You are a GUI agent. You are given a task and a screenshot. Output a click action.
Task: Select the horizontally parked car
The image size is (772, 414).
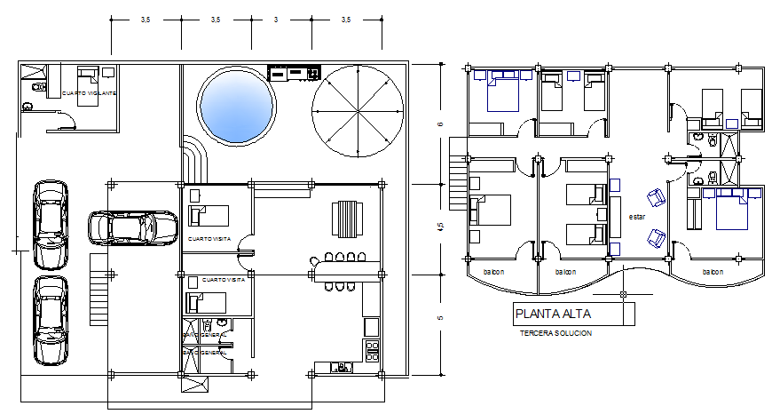[x=132, y=227]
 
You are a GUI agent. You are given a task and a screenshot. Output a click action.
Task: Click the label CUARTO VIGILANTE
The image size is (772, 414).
[x=89, y=93]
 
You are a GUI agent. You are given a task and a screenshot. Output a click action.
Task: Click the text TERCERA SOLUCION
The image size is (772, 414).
[x=555, y=333]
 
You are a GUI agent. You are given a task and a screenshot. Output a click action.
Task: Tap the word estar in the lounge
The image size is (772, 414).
[x=637, y=216]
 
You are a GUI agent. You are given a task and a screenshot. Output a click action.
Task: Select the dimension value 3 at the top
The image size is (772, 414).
[x=276, y=19]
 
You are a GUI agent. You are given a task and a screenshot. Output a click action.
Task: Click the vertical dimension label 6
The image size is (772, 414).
[x=441, y=123]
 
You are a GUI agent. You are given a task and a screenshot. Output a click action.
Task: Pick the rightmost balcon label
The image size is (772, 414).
[x=712, y=272]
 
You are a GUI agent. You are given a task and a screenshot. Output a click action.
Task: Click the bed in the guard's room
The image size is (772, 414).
[x=87, y=85]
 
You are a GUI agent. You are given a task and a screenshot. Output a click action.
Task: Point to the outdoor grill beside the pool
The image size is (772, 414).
[x=294, y=73]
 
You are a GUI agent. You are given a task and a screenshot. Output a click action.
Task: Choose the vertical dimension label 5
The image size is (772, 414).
[x=441, y=317]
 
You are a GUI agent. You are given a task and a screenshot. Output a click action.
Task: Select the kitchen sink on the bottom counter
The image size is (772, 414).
[x=338, y=366]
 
